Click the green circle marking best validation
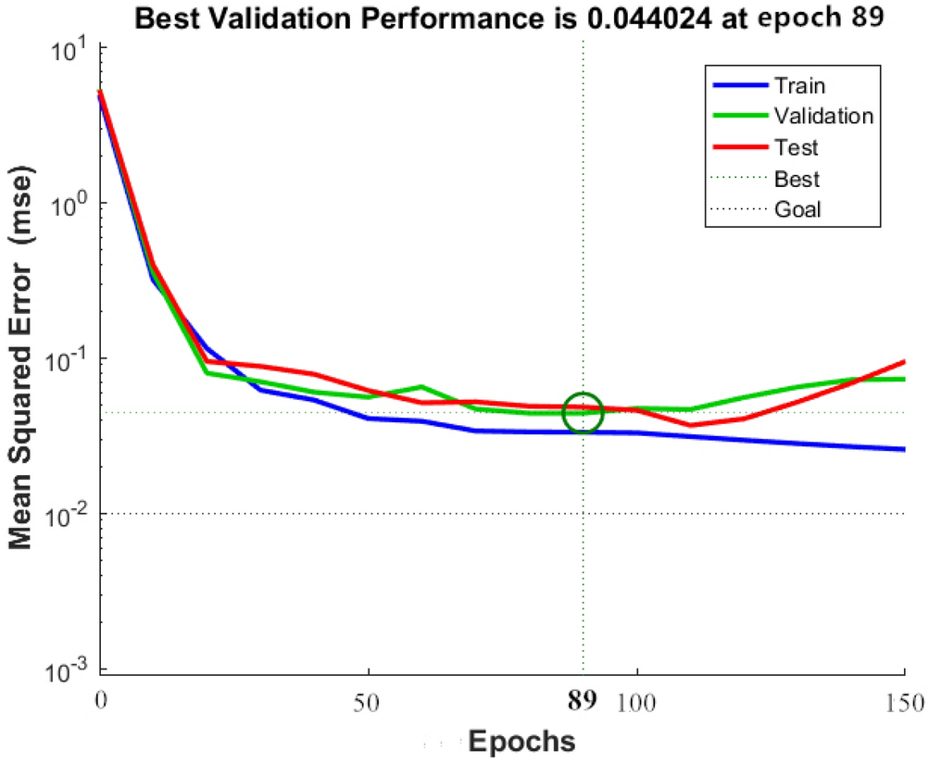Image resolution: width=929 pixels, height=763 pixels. click(583, 412)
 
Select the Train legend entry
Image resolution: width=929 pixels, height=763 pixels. click(799, 86)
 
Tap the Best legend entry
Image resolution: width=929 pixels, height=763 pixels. click(796, 179)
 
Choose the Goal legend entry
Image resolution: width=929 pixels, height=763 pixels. click(797, 209)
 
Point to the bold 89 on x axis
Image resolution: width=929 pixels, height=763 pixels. click(583, 700)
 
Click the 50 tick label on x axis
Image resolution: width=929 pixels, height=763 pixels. click(369, 700)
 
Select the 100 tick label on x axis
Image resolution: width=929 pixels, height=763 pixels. click(637, 700)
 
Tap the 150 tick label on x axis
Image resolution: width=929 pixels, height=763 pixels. click(904, 700)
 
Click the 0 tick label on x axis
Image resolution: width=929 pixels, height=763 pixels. click(101, 700)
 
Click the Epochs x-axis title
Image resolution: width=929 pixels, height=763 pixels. click(521, 742)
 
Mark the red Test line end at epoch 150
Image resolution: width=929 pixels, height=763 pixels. click(902, 362)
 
